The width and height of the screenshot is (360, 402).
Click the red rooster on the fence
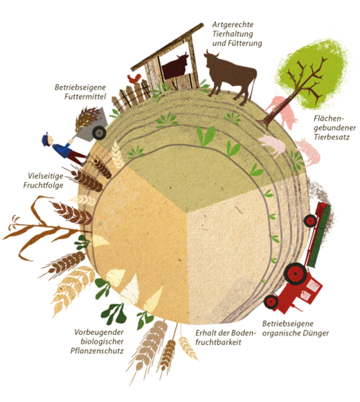pos(134,78)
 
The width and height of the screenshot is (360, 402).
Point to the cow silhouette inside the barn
pos(175,65)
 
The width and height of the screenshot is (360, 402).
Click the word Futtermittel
pos(85,96)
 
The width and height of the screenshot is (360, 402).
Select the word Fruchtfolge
pos(43,185)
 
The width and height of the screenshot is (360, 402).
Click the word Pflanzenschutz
pos(97,351)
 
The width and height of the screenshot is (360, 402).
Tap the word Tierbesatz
pos(332,137)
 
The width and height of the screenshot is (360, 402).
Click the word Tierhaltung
pos(233,34)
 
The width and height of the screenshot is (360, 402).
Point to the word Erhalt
pos(205,333)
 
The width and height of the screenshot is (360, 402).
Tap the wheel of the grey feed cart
pos(99,133)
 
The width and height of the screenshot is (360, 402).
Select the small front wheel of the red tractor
pos(271,302)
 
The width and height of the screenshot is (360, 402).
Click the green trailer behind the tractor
pos(318,236)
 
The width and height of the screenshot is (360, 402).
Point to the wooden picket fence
pos(131,96)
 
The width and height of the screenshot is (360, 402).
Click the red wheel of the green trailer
pos(310,221)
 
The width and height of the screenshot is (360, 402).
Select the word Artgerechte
pos(233,25)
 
